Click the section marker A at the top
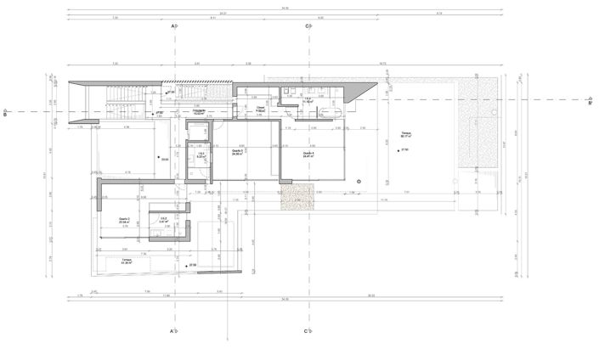[173, 27]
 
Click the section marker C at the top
[307, 27]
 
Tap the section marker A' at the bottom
[173, 330]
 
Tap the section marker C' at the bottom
[307, 330]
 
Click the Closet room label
[263, 109]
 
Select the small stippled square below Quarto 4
[297, 199]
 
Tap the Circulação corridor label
[201, 111]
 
